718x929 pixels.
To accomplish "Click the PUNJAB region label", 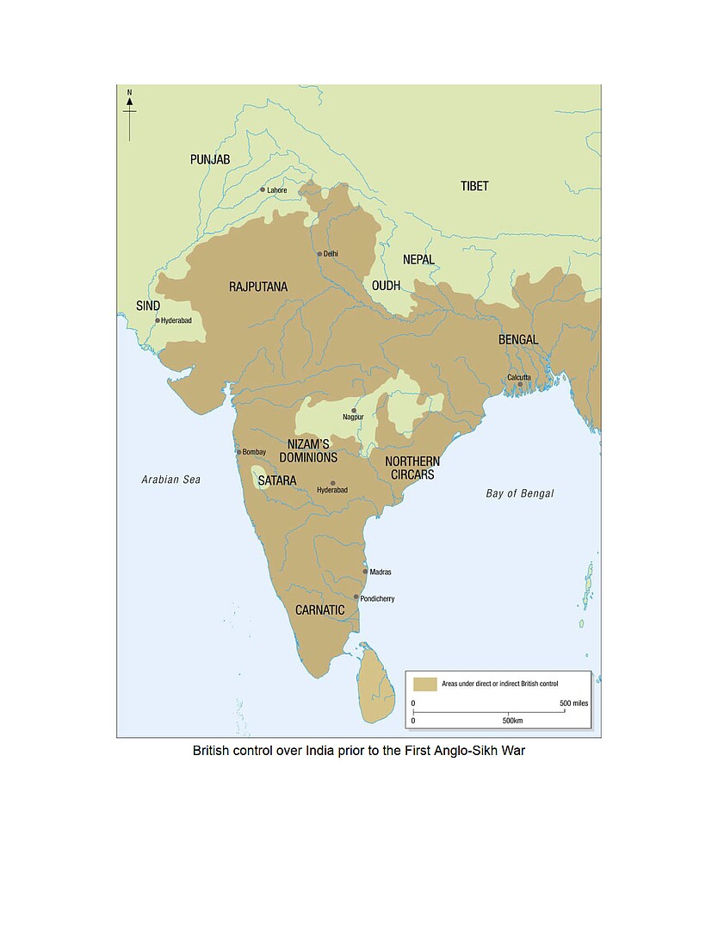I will pos(210,159).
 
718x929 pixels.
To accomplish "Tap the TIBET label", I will pos(474,186).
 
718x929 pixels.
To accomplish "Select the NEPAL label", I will pos(419,259).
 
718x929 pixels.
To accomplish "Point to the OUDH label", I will pos(387,285).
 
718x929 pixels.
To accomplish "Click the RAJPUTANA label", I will pos(258,287).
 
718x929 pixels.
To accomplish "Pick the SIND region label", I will pos(149,305).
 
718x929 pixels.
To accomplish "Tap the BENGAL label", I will pos(518,339).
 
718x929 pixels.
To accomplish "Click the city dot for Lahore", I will pos(263,189).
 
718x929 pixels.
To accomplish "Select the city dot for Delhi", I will pos(319,254).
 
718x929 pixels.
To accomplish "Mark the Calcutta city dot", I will pos(520,384).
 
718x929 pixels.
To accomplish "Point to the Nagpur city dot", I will pos(354,411).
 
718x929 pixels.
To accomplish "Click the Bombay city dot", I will pos(239,451).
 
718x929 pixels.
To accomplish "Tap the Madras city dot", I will pos(366,571).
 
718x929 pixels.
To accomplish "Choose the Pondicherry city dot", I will pos(356,597).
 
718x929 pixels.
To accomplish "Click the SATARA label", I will pos(277,480).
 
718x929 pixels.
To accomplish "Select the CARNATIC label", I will pos(319,610).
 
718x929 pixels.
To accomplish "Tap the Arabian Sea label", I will pos(170,480).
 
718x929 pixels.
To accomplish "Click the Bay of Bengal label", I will pos(520,493).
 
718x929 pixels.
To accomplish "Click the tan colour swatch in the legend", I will pos(424,684).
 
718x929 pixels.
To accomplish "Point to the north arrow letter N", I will pos(130,92).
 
